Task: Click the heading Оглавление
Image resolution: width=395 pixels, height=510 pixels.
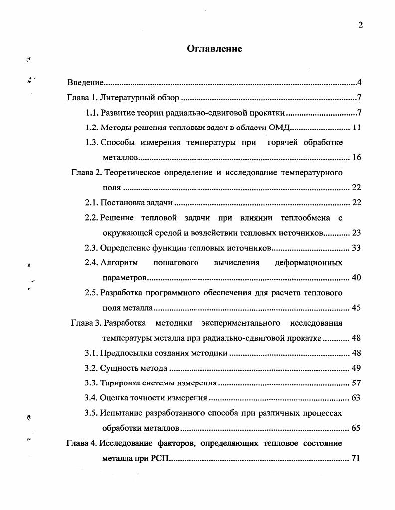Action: [214, 48]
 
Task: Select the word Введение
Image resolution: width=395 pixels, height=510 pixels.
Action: [85, 82]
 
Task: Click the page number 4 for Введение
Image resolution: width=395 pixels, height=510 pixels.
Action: [359, 82]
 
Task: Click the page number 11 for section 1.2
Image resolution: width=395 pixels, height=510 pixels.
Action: [356, 127]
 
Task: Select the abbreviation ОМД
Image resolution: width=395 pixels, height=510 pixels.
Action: [279, 127]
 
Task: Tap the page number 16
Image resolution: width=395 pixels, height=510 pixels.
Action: [356, 158]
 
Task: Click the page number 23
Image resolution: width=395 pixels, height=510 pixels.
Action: [356, 233]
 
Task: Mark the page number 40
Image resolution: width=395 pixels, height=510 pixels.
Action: [356, 277]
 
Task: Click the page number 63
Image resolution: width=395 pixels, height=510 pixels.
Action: [356, 398]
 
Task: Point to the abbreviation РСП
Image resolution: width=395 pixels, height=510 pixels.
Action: [160, 458]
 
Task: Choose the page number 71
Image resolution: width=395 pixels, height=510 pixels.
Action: [356, 458]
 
